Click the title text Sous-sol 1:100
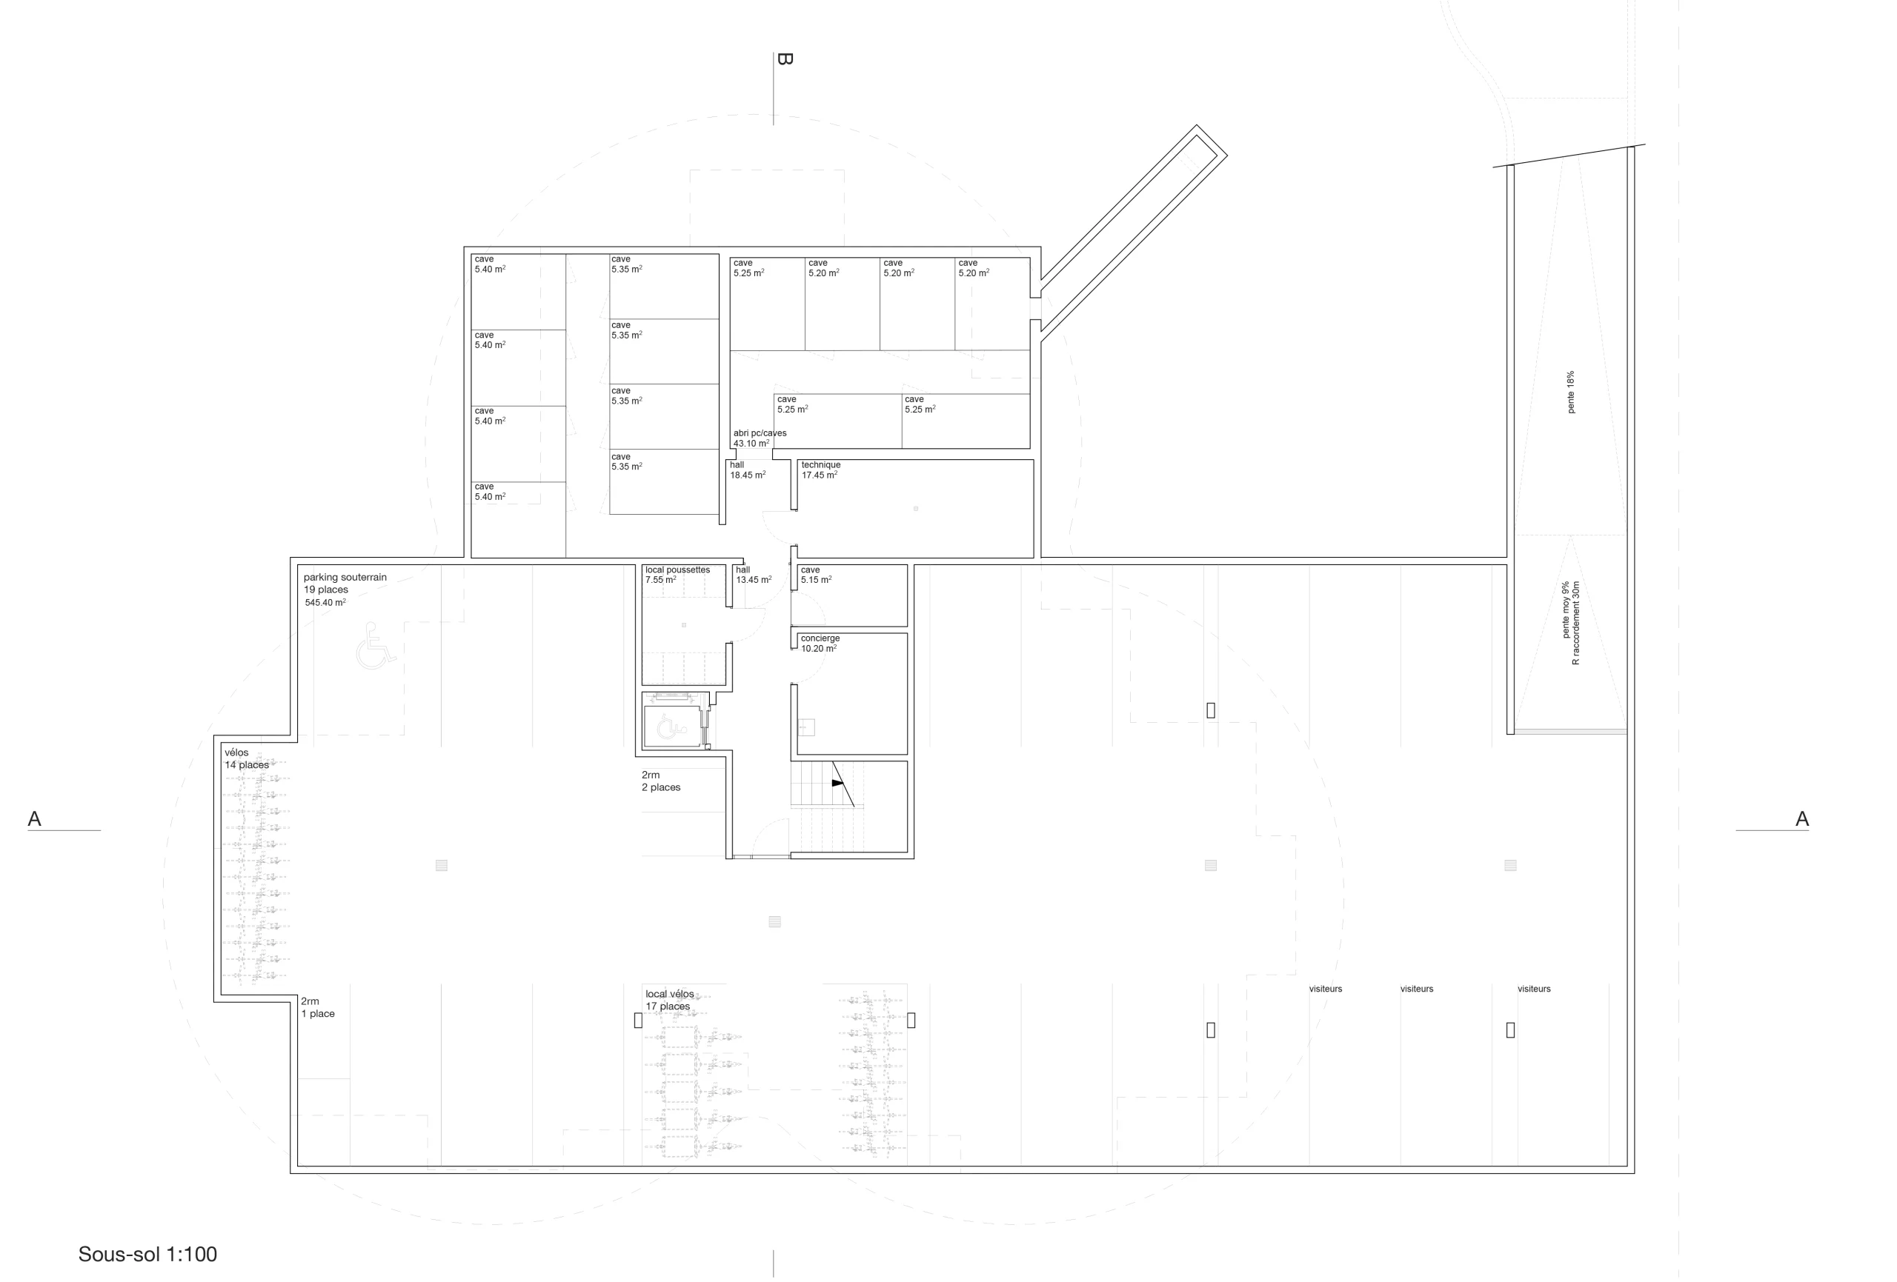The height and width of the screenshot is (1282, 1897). (147, 1255)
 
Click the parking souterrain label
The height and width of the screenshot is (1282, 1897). (345, 577)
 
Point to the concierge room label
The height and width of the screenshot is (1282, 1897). (820, 638)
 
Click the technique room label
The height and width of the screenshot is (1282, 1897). (820, 465)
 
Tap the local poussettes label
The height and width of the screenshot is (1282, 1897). (677, 570)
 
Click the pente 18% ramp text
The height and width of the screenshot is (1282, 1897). (1570, 393)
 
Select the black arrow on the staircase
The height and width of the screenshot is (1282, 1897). (837, 783)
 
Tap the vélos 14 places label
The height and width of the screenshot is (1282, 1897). (247, 759)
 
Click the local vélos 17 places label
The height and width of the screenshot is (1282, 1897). (669, 1000)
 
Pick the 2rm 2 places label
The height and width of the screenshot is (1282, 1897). (661, 781)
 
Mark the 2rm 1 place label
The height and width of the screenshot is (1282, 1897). (318, 1007)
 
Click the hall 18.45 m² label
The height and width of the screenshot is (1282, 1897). (748, 470)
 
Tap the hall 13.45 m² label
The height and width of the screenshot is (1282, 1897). (754, 575)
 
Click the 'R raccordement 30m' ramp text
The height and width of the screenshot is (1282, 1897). (1575, 623)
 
